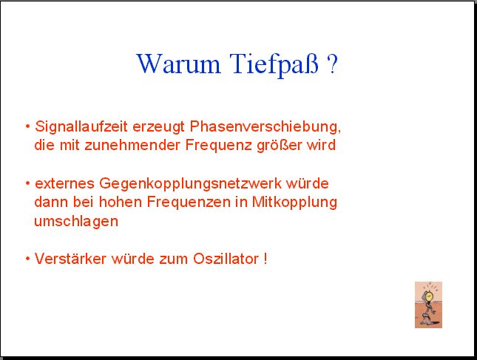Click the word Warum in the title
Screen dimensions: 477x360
178,64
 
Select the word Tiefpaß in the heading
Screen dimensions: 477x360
274,65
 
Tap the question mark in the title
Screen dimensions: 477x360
332,64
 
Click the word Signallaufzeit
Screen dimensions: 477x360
81,127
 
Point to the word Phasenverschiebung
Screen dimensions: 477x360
265,127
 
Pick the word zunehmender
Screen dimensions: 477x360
132,145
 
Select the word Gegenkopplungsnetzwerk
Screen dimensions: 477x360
191,184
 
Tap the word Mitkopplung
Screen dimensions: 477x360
294,203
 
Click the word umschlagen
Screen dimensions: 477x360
76,221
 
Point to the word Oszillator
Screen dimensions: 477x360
226,259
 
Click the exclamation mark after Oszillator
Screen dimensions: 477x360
265,259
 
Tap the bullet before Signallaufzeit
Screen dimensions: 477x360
28,126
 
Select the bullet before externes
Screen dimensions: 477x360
28,183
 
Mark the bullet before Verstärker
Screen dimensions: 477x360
28,259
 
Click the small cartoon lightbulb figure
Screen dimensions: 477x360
428,305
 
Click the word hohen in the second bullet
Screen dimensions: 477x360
121,202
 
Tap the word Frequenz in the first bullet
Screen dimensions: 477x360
218,146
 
